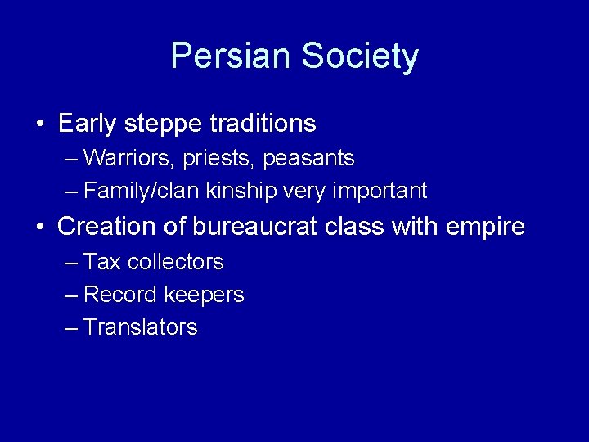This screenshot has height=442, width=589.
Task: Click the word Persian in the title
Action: coord(231,56)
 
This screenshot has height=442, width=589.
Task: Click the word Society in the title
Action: coord(360,56)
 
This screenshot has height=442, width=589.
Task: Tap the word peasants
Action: coord(308,158)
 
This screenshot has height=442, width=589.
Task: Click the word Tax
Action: coord(101,262)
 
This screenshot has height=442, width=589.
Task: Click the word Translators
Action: coord(141,327)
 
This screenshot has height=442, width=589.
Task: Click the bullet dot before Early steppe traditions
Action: coord(40,124)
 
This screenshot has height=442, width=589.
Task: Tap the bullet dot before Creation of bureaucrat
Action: coord(40,227)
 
